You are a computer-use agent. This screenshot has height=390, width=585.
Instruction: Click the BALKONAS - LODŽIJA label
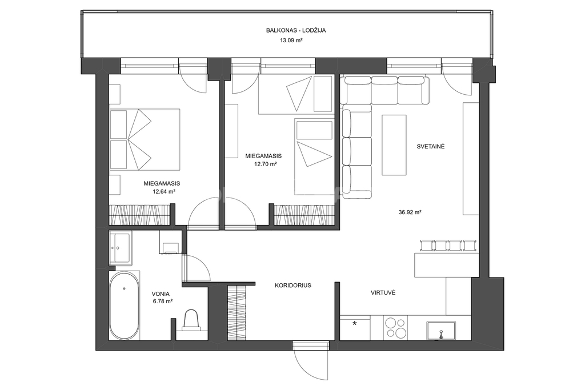click(296, 31)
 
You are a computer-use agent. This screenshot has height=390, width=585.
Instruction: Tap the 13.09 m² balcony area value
click(291, 41)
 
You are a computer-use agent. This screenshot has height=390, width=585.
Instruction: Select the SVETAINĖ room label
click(431, 147)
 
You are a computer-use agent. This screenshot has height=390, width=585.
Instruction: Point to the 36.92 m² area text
click(410, 212)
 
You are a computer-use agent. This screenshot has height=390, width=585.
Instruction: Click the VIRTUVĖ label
click(383, 293)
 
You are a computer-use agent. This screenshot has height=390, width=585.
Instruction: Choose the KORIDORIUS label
click(293, 286)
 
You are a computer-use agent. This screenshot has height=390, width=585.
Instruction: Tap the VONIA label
click(161, 293)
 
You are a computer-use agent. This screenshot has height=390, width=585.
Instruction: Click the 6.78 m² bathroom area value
click(163, 301)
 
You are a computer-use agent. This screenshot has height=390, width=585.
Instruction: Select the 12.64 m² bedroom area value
click(164, 192)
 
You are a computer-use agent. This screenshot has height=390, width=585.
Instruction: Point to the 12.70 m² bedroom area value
click(266, 164)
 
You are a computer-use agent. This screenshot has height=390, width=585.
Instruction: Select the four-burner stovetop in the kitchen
click(395, 327)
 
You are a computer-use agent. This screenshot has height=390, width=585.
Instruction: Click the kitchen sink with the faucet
click(442, 331)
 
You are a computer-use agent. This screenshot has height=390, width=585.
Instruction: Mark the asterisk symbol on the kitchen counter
click(354, 323)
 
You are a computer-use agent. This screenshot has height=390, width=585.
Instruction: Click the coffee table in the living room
click(394, 144)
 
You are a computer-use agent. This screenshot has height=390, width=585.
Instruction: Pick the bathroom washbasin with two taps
click(120, 247)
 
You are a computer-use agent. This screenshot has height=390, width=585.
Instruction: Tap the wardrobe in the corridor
click(237, 312)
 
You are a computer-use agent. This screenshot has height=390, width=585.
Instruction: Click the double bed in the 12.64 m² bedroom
click(145, 139)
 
